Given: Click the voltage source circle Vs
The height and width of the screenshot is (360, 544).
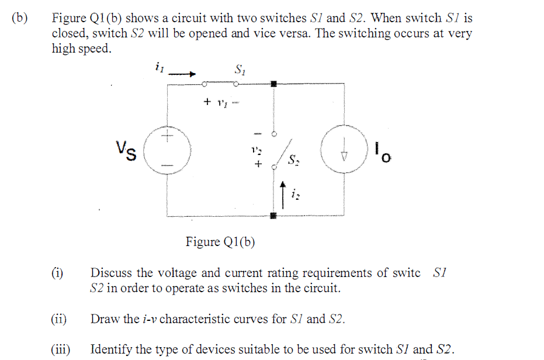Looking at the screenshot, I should [167, 151].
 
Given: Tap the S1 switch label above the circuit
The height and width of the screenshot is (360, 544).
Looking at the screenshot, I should [240, 70].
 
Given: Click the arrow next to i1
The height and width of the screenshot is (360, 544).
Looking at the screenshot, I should [183, 74].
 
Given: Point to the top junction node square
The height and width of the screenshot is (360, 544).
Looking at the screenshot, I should [273, 84].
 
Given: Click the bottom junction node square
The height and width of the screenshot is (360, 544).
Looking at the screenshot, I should [273, 216].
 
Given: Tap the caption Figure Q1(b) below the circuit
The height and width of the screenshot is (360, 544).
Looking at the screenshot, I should [220, 241].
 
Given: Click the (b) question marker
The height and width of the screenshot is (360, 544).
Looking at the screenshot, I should [19, 18].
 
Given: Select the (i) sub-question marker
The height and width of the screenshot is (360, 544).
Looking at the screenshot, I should [57, 273].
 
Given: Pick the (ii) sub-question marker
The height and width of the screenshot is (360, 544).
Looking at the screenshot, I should [58, 319].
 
